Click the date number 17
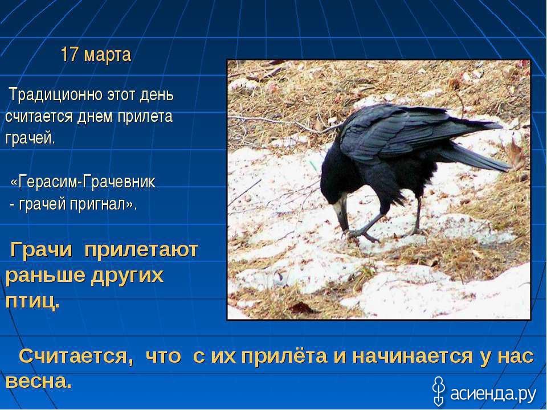(69, 55)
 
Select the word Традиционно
(56, 96)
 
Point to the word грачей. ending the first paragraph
(30, 139)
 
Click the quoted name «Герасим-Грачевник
(83, 182)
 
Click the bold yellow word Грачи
(41, 251)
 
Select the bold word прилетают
(141, 251)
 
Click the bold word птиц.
(32, 302)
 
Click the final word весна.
(39, 382)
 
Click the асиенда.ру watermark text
(493, 394)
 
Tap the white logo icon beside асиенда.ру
(438, 391)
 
